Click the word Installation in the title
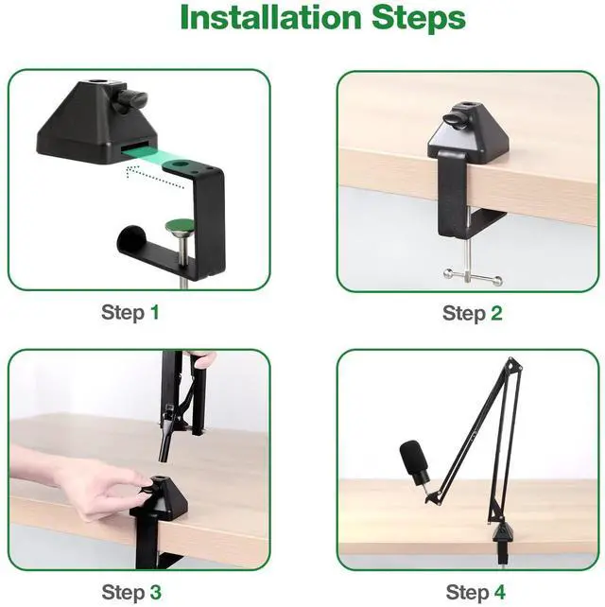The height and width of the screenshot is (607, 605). [x=270, y=17]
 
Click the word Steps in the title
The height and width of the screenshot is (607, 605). [x=419, y=19]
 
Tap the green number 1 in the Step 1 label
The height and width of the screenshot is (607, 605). [x=155, y=312]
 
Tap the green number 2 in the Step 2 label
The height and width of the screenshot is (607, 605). [x=496, y=313]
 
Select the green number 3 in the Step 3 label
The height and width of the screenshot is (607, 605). [x=155, y=592]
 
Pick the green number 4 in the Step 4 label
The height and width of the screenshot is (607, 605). [x=500, y=592]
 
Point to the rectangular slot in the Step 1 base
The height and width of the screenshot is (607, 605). [x=135, y=148]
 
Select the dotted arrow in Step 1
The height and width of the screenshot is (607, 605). [x=155, y=176]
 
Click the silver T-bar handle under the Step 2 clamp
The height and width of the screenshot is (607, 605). [x=473, y=276]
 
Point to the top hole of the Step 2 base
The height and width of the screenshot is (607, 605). [x=464, y=106]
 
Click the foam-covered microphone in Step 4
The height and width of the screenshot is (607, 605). [x=415, y=461]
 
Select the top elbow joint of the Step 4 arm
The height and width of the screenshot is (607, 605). [x=513, y=365]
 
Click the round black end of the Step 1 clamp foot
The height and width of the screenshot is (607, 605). [x=130, y=239]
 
